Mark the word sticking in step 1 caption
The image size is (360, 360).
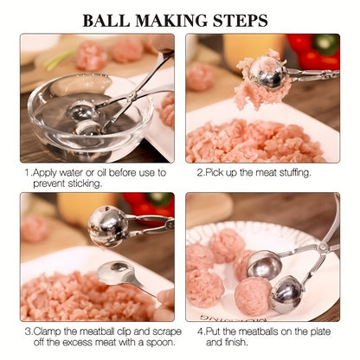point(87,183)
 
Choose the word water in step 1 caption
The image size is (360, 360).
point(71,172)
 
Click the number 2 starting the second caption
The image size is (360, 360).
point(198,172)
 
